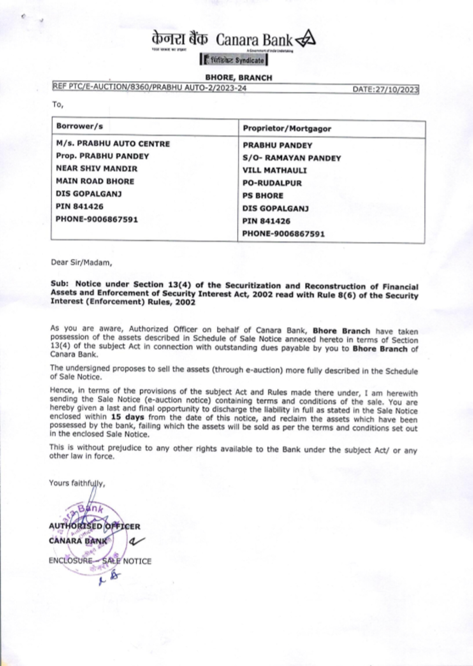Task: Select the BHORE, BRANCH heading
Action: (238, 78)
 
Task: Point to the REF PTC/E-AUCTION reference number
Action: (149, 88)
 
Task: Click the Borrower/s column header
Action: (79, 126)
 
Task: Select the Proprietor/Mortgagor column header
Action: (287, 128)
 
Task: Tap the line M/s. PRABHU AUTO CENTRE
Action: (113, 143)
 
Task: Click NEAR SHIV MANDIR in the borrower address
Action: (96, 169)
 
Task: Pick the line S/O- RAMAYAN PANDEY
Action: (291, 158)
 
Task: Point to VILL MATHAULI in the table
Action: (274, 170)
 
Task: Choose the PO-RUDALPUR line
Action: (272, 183)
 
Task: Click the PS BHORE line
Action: (263, 195)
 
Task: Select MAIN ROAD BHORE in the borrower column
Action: (95, 181)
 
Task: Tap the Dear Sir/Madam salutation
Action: (81, 262)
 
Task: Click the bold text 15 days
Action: (127, 417)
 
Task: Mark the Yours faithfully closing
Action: (77, 483)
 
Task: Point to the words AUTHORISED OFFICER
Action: (94, 526)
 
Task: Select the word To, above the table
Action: (57, 105)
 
